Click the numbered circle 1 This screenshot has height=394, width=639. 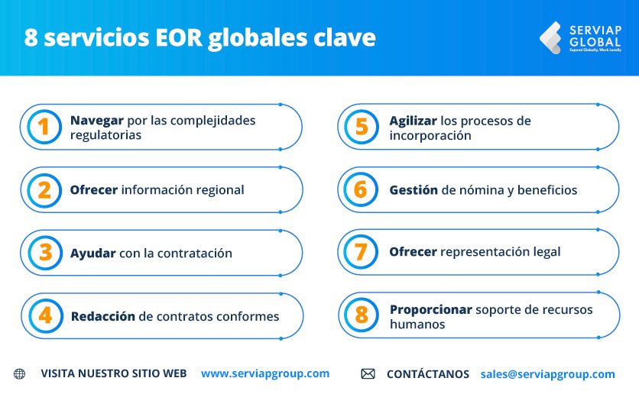click(44, 127)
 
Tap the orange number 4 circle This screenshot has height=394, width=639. click(44, 315)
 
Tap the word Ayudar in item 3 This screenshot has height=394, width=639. click(92, 253)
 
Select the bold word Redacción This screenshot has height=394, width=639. click(102, 316)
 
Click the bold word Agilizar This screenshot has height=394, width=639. click(413, 121)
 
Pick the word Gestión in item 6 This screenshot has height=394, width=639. click(413, 190)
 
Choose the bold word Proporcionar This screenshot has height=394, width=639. click(430, 309)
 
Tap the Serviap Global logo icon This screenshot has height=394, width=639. click(550, 38)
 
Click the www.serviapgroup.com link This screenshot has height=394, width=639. click(265, 373)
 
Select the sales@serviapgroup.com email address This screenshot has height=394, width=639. click(547, 374)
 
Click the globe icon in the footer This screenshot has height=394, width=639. click(19, 374)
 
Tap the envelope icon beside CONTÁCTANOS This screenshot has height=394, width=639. click(368, 374)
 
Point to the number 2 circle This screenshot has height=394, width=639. click(44, 189)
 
